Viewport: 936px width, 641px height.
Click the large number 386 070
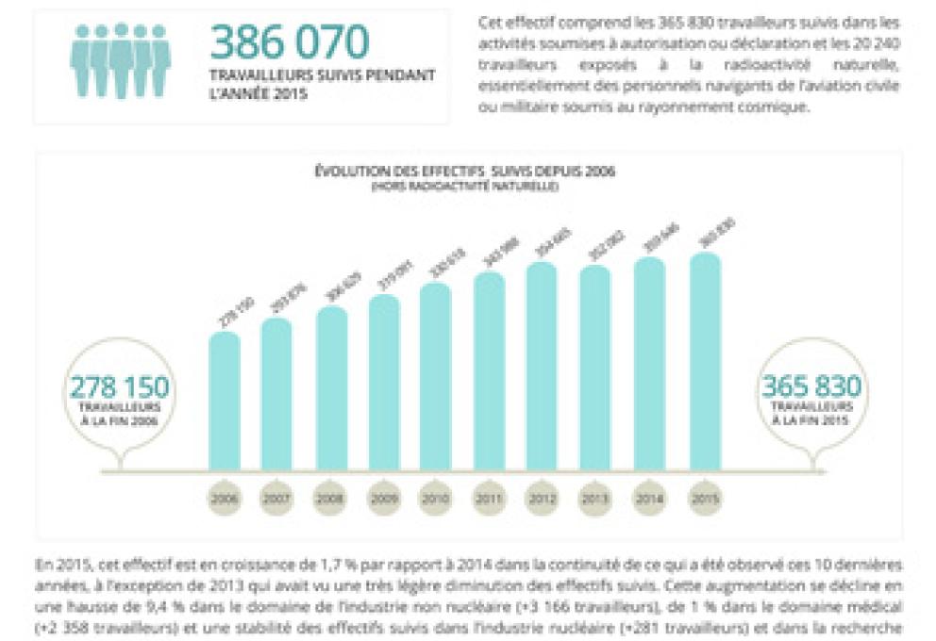pyautogui.click(x=289, y=42)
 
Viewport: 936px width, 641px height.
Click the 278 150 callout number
pyautogui.click(x=119, y=387)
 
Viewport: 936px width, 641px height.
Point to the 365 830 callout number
pyautogui.click(x=811, y=387)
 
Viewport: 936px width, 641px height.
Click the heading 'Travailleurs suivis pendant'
pyautogui.click(x=323, y=76)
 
